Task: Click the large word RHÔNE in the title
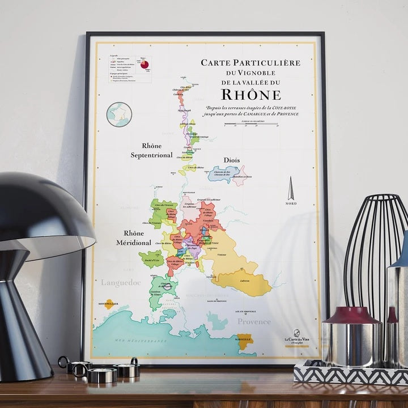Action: point(250,94)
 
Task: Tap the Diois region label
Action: point(232,160)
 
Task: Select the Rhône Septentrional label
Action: point(151,151)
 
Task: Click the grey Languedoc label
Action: point(120,282)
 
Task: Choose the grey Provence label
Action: point(253,321)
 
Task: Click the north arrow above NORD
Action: point(291,188)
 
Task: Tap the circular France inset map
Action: point(119,114)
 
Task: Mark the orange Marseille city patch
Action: point(245,342)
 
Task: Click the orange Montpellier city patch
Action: point(109,304)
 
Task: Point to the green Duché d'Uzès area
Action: point(151,259)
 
